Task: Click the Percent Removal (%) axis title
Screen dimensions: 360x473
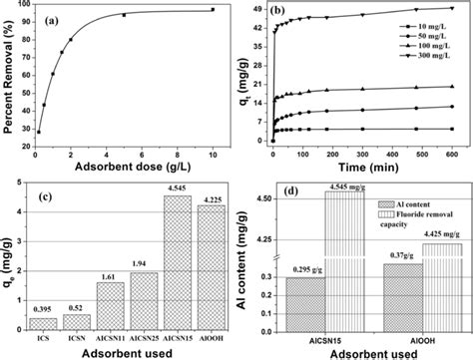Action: (x=9, y=72)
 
